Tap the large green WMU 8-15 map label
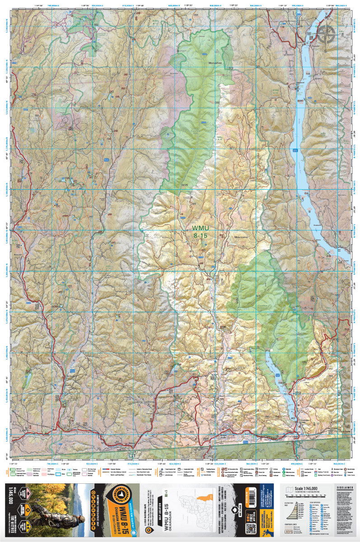tap(201, 232)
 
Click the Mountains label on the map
tap(242, 236)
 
